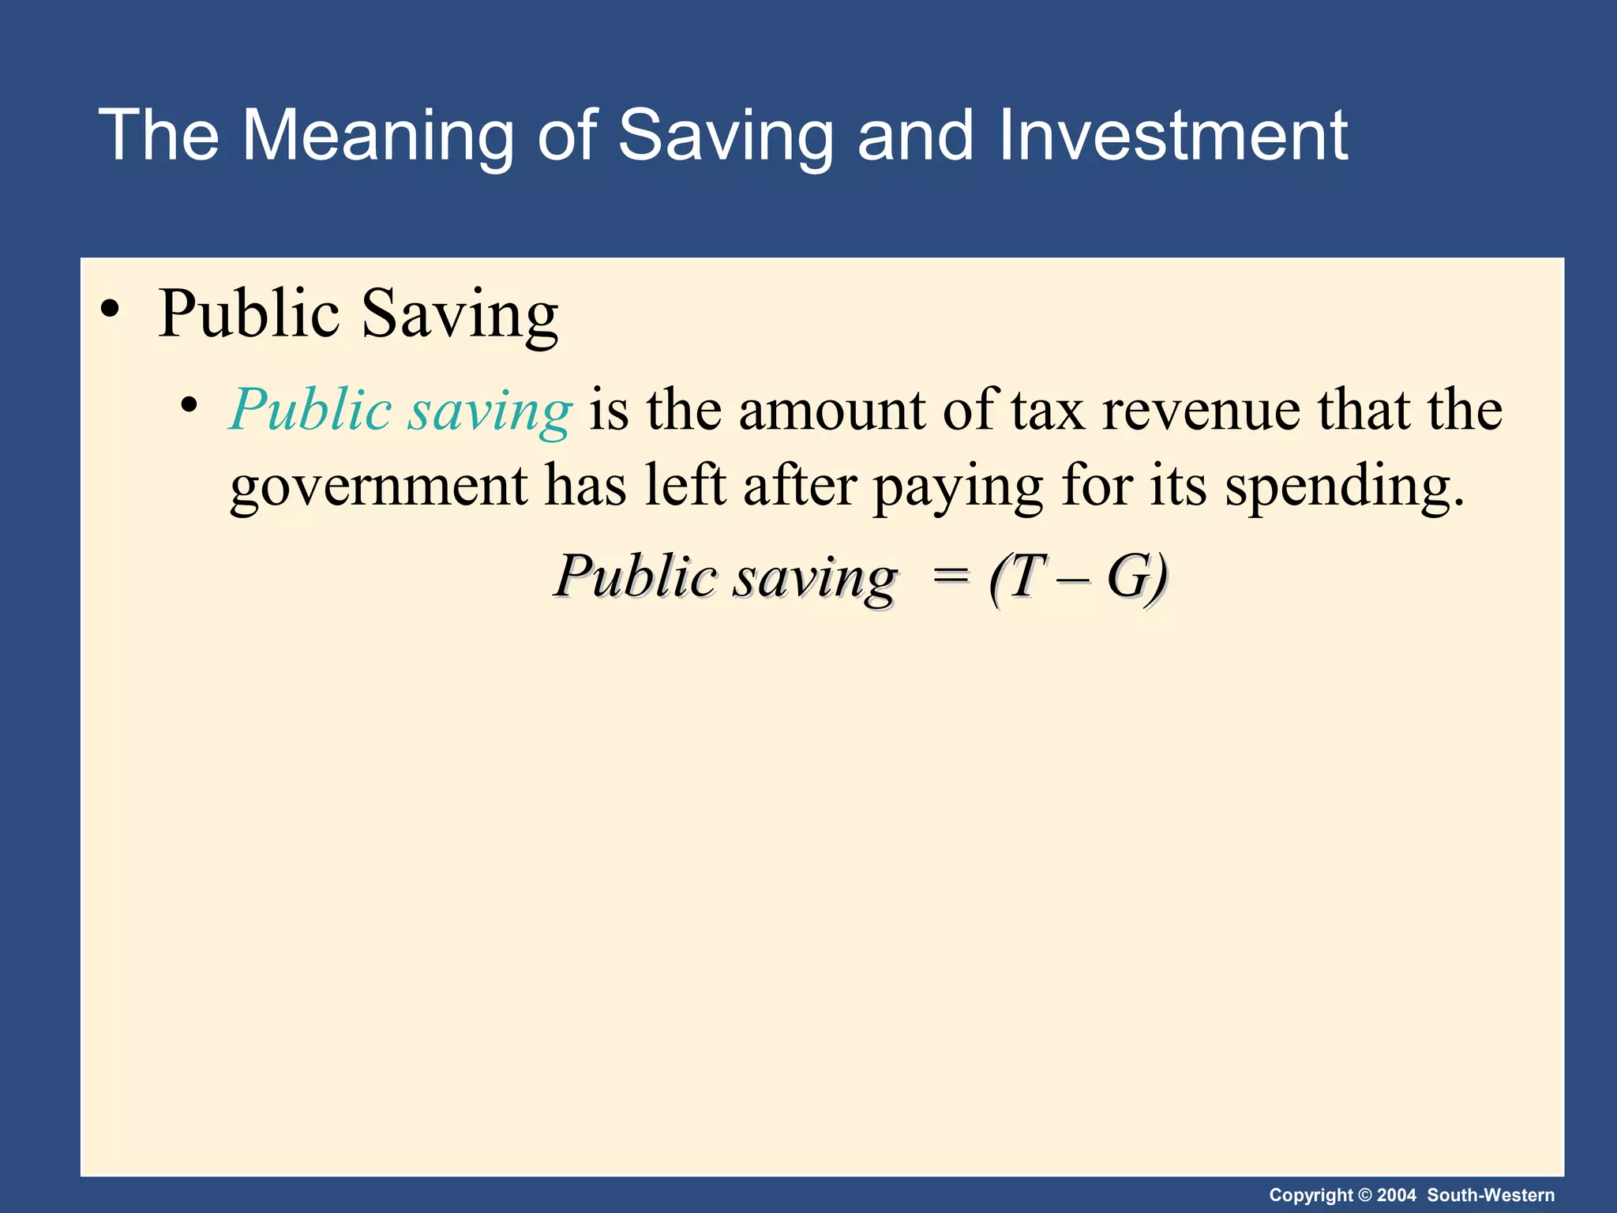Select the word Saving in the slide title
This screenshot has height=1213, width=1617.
click(725, 136)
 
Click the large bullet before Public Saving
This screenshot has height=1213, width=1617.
click(111, 310)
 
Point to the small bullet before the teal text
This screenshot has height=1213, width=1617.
click(188, 406)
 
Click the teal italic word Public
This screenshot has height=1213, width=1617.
click(311, 411)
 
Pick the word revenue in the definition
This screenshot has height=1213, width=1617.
click(1201, 411)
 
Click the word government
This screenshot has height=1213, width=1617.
click(378, 486)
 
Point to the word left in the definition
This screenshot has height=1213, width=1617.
click(685, 485)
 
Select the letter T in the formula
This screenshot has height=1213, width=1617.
click(1026, 576)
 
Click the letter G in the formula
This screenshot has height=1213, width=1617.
click(1127, 576)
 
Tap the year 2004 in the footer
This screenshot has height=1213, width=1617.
click(1397, 1195)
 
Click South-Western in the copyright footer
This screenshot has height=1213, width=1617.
click(1491, 1195)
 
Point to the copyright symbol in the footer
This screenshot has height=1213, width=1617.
click(1365, 1195)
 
